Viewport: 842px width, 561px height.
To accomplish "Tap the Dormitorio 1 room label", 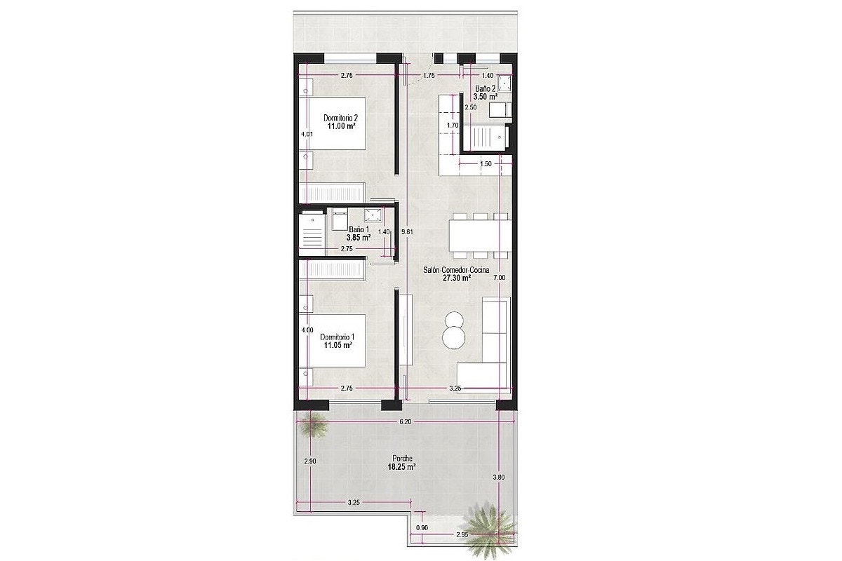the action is tap(338, 337).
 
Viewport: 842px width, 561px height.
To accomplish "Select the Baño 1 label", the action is tap(359, 229).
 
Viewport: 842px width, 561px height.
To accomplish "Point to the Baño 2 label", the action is tap(485, 88).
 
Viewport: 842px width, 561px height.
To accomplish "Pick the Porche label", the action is tap(402, 459).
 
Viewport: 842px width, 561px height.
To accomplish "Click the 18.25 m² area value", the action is tap(401, 467).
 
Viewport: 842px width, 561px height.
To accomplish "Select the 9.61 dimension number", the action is tap(407, 232).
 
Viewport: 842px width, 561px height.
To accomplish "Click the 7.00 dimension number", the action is tap(499, 278).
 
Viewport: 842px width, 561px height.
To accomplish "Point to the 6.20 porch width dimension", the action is tap(406, 421).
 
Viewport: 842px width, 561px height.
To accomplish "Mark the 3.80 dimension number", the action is tap(499, 478).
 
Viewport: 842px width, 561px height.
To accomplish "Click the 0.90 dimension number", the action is tap(422, 527).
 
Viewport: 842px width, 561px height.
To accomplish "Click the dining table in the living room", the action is tap(480, 236).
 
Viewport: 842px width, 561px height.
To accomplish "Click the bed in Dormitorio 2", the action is tap(333, 123).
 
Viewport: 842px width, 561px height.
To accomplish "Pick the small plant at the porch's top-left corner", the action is tap(312, 425).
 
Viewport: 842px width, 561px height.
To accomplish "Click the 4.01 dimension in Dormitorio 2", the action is tap(307, 133).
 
